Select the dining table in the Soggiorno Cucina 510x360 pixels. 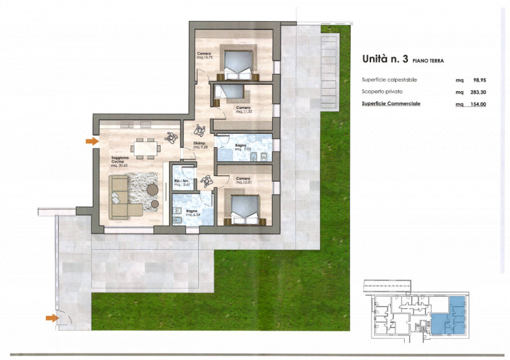tap(146, 148)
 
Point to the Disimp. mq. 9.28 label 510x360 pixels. tap(201, 145)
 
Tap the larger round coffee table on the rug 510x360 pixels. tap(152, 189)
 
